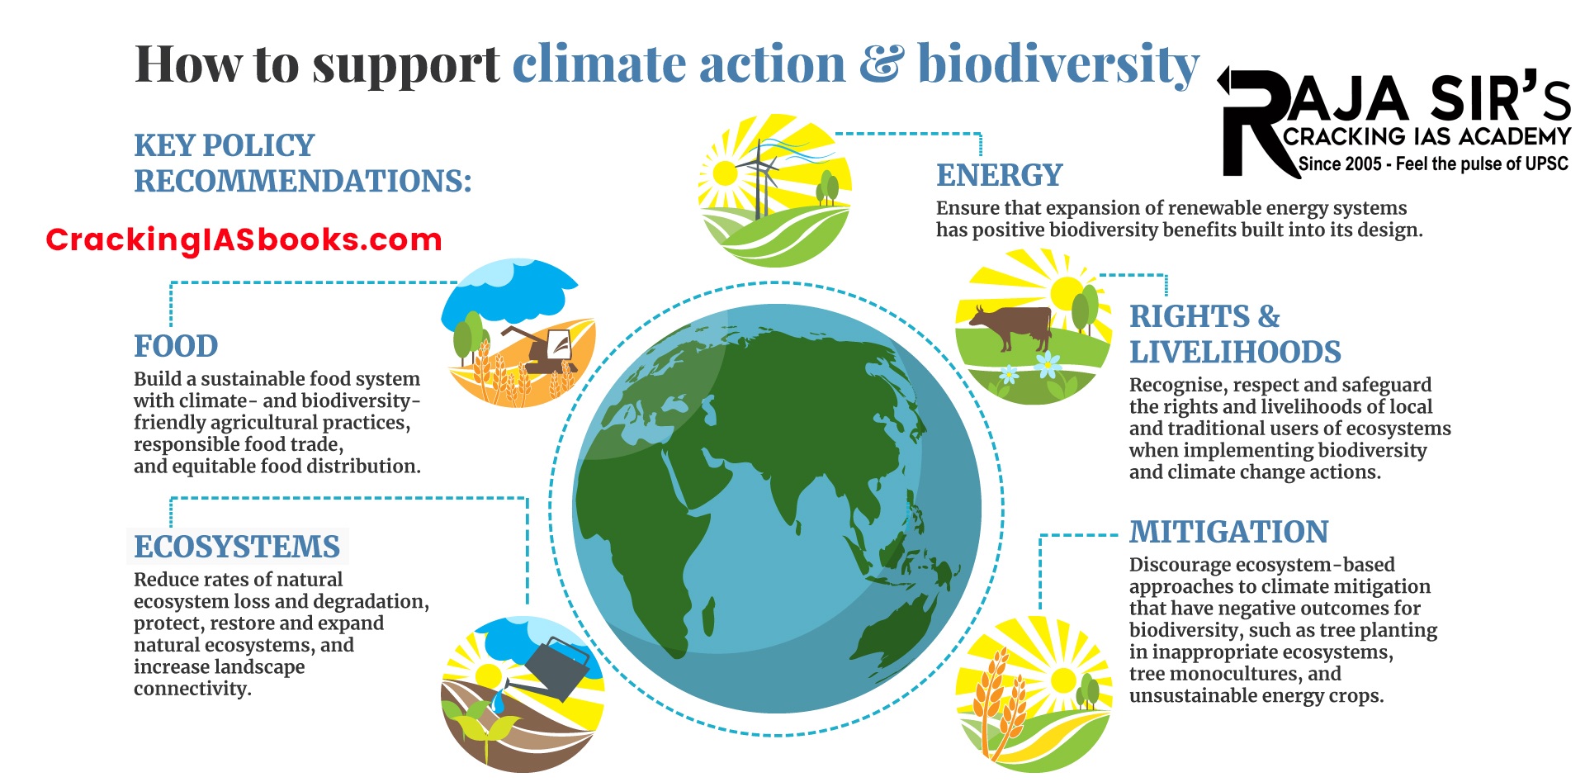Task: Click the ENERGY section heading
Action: click(x=999, y=175)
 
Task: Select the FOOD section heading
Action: click(x=176, y=346)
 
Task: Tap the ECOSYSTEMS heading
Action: click(x=237, y=547)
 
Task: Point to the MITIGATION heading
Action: click(x=1228, y=532)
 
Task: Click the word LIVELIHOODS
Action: click(x=1235, y=353)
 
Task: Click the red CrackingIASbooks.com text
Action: click(x=244, y=239)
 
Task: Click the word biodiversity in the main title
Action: click(x=1057, y=64)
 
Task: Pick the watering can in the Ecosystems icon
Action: click(x=556, y=667)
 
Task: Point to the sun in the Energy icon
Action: click(x=725, y=173)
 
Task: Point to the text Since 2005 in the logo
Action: click(x=1339, y=164)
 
